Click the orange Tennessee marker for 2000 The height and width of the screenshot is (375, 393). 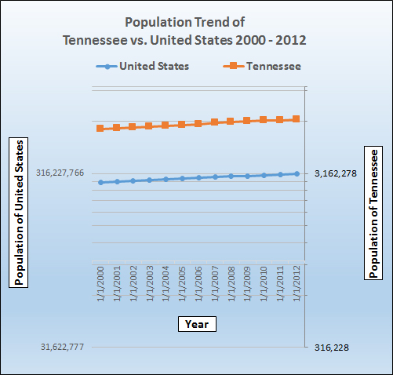click(x=100, y=128)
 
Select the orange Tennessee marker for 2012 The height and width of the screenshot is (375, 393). click(x=297, y=119)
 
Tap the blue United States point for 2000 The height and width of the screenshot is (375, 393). click(x=100, y=182)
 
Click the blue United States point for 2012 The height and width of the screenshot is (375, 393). click(x=297, y=173)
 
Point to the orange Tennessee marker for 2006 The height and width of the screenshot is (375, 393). click(x=198, y=123)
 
